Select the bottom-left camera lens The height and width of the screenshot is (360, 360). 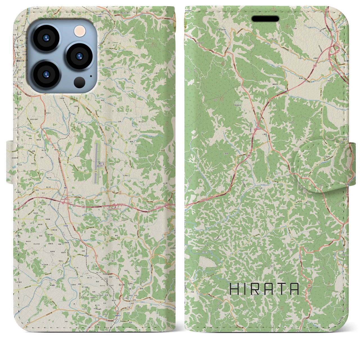click(x=46, y=75)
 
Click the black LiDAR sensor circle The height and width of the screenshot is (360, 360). click(x=80, y=82)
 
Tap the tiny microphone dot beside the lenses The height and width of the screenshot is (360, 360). click(x=91, y=76)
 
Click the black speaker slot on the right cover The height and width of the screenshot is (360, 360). click(x=265, y=19)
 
